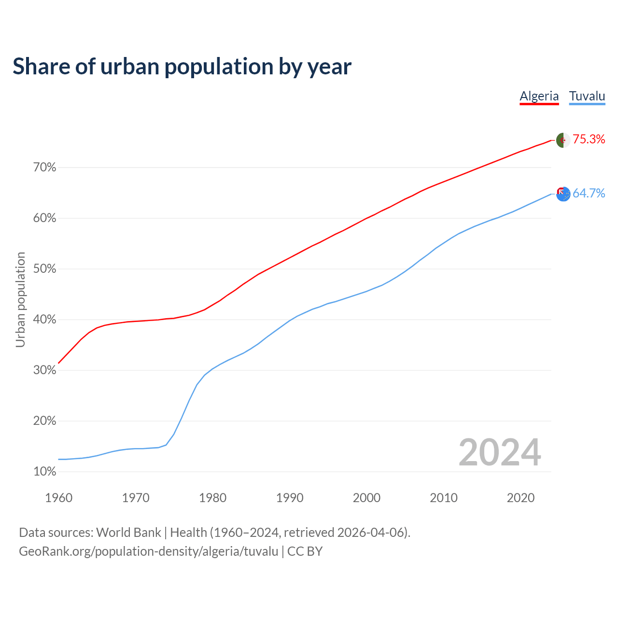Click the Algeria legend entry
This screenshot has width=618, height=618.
(539, 96)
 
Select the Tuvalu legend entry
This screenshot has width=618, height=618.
(587, 96)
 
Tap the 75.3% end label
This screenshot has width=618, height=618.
(589, 140)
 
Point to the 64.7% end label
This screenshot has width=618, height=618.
(589, 194)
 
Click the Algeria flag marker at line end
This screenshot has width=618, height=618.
(563, 140)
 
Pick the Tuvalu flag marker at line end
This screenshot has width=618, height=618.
(563, 194)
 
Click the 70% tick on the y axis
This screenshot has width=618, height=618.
(45, 168)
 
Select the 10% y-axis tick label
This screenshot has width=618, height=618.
(45, 472)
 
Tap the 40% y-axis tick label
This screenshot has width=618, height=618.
(45, 320)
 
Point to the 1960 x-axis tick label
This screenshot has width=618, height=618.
(58, 498)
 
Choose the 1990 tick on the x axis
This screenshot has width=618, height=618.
(290, 498)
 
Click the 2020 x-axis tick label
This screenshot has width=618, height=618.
(520, 498)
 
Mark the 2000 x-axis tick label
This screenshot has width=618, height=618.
(366, 498)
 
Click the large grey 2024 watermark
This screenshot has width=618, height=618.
(500, 452)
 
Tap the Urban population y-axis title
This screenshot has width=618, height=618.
(20, 299)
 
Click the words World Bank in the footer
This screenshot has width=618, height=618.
(128, 533)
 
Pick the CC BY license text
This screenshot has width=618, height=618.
(305, 551)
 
